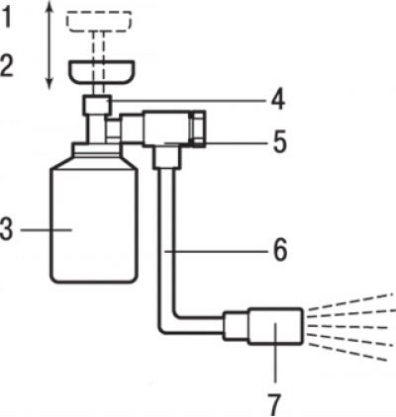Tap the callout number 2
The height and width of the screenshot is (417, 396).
[x=7, y=66]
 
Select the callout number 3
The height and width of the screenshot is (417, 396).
[x=7, y=229]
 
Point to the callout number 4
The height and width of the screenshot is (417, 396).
[x=278, y=99]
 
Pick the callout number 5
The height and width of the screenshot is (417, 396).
[x=279, y=142]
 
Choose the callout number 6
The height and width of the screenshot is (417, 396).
[x=280, y=251]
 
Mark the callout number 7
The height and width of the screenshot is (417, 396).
[x=274, y=404]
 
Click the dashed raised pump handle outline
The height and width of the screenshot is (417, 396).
[x=99, y=21]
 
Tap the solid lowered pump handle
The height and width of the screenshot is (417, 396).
[x=101, y=71]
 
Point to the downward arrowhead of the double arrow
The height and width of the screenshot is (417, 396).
[x=49, y=84]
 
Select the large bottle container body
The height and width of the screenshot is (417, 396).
[x=93, y=225]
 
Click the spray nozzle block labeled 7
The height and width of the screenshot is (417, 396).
[x=275, y=326]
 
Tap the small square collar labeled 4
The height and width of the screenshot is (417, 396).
[x=97, y=105]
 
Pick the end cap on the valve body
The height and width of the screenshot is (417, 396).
[x=198, y=128]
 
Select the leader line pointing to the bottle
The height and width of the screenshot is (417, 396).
[x=47, y=229]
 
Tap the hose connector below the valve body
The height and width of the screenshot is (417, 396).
[x=167, y=158]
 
